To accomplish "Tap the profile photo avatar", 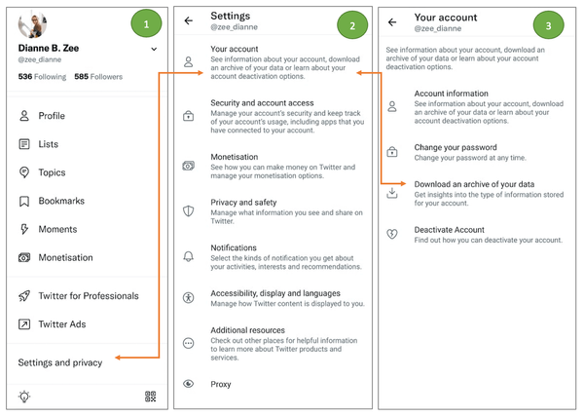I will [32, 24].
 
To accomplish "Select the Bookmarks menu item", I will [59, 202].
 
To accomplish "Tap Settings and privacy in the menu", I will [59, 362].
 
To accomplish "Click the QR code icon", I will [151, 397].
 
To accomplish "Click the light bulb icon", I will [24, 397].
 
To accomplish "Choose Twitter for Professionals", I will [88, 296].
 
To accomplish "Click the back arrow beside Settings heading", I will [189, 20].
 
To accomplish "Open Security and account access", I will [261, 103].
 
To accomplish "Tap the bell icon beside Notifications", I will [189, 256].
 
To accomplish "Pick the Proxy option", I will [221, 384].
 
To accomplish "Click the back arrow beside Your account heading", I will [392, 20].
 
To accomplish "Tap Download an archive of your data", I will [474, 184].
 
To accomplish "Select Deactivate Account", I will [449, 230].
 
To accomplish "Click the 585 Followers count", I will [98, 76].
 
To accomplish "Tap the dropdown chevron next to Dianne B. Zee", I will [153, 49].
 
